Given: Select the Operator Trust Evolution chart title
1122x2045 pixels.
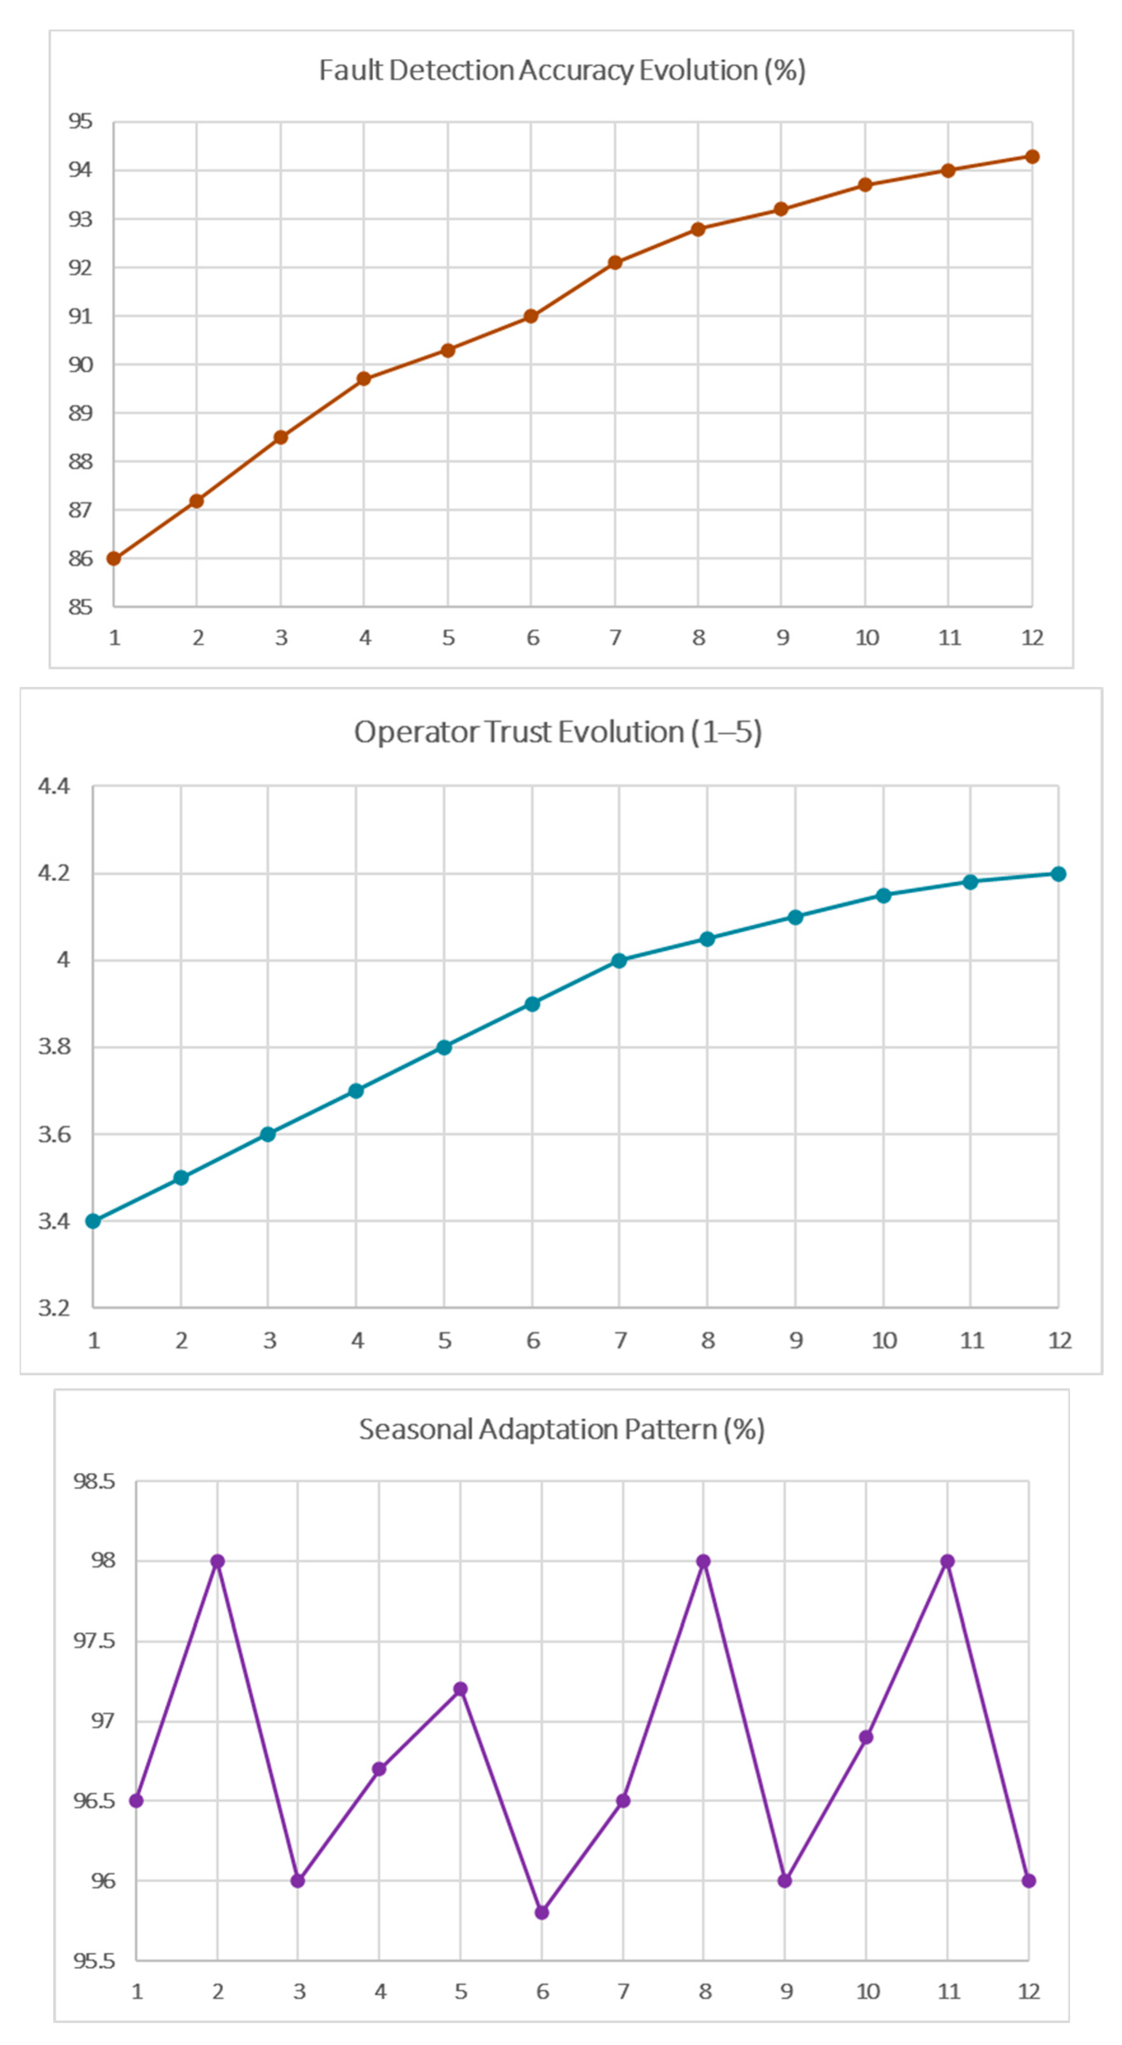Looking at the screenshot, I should (x=557, y=732).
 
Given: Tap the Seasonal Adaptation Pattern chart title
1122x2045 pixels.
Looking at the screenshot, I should (x=561, y=1429).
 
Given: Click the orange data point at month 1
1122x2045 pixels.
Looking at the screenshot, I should (x=113, y=559).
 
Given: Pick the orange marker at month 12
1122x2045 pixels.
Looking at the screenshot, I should (x=1032, y=157).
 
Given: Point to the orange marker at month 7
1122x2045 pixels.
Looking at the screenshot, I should (x=615, y=263).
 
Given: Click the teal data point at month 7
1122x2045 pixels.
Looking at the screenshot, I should (x=619, y=960).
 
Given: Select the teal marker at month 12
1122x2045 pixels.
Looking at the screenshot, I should (x=1058, y=874).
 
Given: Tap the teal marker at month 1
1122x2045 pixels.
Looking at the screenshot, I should (x=93, y=1221).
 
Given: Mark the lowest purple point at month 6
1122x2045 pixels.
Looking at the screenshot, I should (x=541, y=1913).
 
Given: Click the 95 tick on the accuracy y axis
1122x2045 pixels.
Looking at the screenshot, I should (x=80, y=122).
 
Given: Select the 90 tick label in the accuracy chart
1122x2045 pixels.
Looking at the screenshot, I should (x=80, y=365).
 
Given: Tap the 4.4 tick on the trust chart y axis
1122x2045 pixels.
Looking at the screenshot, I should (x=54, y=787).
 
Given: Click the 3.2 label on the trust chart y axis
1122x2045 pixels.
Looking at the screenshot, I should (x=54, y=1307).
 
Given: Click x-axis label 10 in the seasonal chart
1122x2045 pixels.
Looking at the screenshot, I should (x=867, y=1991).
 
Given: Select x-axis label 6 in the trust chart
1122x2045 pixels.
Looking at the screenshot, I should (x=533, y=1341).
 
